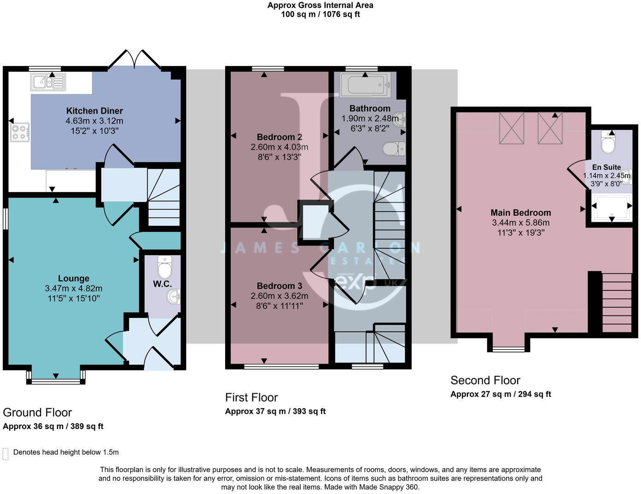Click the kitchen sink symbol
tap(48, 82)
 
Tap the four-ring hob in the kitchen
tap(19, 132)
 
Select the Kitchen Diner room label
tap(94, 111)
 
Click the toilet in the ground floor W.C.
tap(164, 266)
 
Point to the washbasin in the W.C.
tap(174, 296)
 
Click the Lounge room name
tap(74, 278)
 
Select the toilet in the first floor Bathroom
tap(394, 149)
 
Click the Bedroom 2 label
tap(279, 137)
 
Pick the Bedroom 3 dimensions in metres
tap(279, 296)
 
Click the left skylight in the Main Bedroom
tap(512, 128)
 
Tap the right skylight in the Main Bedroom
tap(550, 128)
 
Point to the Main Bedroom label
tap(520, 212)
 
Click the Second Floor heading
tap(485, 380)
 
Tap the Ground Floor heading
tap(37, 412)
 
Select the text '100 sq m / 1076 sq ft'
tap(320, 14)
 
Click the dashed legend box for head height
tap(6, 453)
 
